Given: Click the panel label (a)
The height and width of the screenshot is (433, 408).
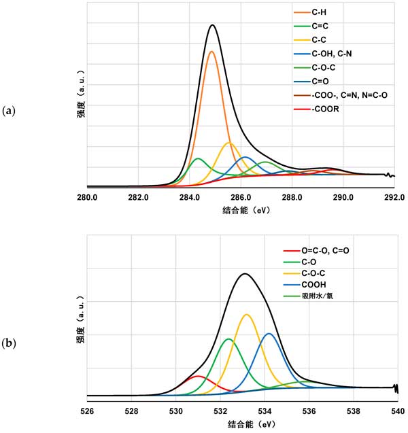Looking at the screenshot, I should click(10, 109).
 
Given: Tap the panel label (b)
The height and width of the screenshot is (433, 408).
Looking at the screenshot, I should click(10, 344).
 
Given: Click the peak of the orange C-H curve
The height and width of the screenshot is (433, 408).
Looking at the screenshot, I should click(211, 52).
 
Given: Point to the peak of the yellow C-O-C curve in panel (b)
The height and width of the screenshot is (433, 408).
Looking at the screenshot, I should click(246, 314).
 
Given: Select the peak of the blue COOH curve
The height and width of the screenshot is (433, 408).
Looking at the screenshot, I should click(269, 333).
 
